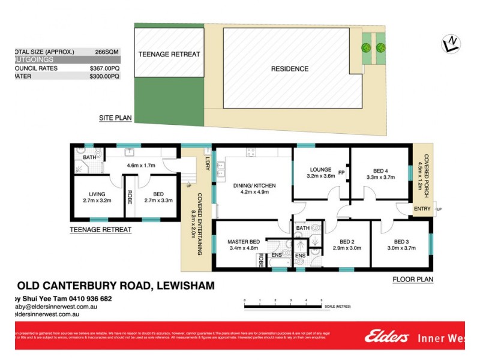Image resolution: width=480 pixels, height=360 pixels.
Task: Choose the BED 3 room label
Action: click(400, 242)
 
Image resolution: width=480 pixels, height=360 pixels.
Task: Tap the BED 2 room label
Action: click(346, 242)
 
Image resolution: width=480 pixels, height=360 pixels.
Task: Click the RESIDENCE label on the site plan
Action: click(290, 69)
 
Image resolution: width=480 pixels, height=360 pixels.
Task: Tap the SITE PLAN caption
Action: click(115, 118)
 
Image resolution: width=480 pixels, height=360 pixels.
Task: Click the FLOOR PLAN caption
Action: click(413, 279)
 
